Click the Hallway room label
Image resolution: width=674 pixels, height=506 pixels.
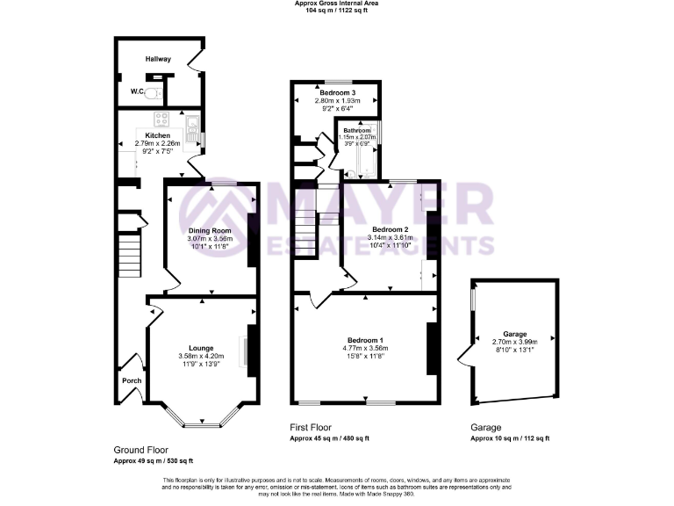pos(159,59)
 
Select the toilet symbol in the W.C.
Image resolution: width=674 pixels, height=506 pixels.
pos(154,90)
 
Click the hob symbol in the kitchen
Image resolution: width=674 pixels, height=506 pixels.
pos(162,119)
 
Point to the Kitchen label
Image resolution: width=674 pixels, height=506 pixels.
pos(158,135)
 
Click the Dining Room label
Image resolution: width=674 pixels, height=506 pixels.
pos(203,230)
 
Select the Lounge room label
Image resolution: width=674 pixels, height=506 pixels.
pos(201,348)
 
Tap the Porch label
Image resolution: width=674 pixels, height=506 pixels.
pos(131,380)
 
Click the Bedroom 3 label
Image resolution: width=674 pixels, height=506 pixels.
pos(337,93)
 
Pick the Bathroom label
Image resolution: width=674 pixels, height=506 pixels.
pos(357,130)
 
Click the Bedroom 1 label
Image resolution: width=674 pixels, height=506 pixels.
pos(364,340)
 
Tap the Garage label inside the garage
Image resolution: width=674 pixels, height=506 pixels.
pos(514,334)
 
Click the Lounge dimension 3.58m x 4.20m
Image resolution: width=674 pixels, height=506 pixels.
pos(201,356)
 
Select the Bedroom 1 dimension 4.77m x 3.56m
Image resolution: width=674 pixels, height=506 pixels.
pos(364,348)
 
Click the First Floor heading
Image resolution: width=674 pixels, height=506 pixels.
pos(312,427)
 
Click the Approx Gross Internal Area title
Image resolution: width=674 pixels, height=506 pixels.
pos(337,4)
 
